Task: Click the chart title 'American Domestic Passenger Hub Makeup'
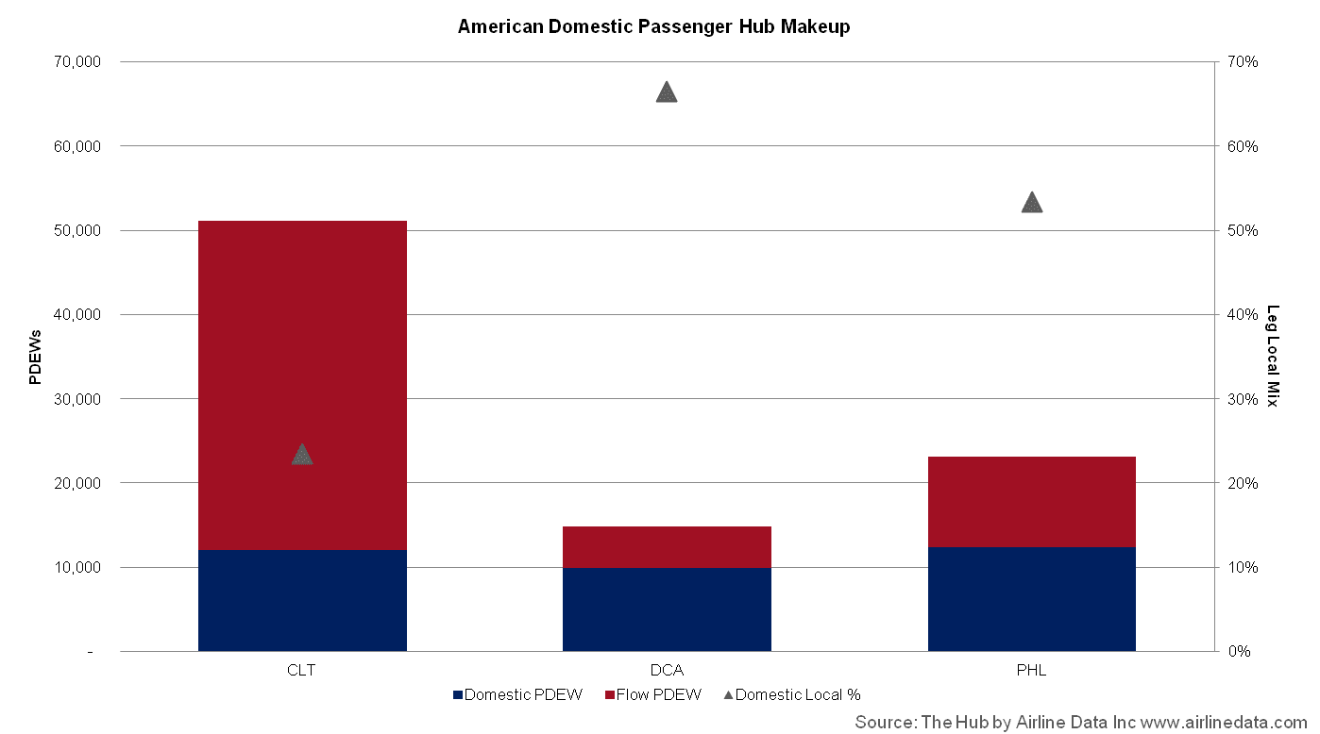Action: click(653, 26)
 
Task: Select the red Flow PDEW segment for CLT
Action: click(302, 386)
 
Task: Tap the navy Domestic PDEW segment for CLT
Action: click(302, 600)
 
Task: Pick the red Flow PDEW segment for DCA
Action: click(667, 547)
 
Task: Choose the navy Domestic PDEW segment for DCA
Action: click(667, 609)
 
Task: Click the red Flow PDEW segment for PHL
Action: click(1032, 502)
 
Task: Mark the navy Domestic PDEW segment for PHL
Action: click(1032, 599)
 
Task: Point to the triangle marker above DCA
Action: click(667, 92)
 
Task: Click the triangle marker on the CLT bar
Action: click(302, 455)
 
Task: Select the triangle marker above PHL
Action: click(1032, 202)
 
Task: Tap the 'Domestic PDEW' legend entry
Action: click(517, 694)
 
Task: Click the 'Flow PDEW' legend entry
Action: click(653, 694)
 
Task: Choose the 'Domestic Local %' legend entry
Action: click(792, 694)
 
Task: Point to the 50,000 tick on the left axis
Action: click(77, 230)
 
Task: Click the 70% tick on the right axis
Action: click(1243, 62)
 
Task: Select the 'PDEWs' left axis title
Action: click(35, 358)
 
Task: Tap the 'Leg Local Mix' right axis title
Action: click(1273, 356)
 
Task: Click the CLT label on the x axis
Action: click(301, 670)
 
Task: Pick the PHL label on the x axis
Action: click(1031, 670)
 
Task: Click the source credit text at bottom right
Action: click(1081, 722)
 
